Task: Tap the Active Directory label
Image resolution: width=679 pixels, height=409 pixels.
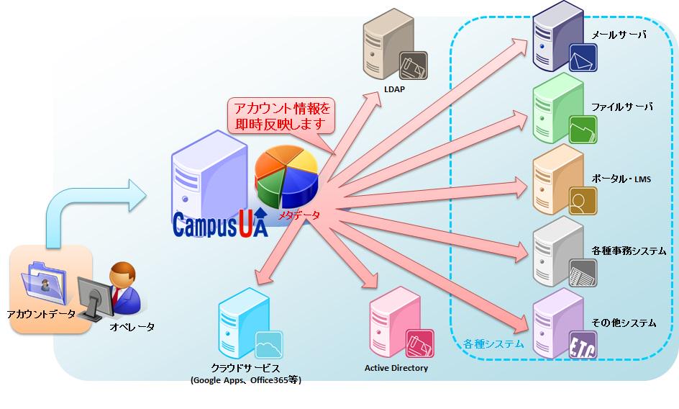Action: click(x=396, y=368)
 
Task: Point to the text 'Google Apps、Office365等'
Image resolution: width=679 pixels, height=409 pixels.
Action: click(x=246, y=380)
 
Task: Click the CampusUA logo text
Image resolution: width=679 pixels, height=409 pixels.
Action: click(x=220, y=224)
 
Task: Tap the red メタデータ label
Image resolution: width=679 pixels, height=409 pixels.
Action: click(x=299, y=215)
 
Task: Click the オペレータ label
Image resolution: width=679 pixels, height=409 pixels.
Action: click(x=132, y=327)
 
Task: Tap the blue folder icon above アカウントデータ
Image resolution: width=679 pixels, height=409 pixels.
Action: click(x=45, y=281)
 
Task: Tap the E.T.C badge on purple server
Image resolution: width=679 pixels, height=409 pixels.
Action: click(x=583, y=343)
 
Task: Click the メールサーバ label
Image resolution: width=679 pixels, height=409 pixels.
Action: click(x=618, y=34)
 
